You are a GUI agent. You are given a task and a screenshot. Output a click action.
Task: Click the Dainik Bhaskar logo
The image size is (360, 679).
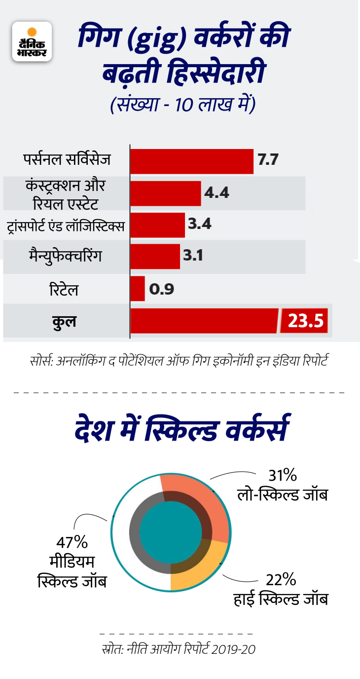(32, 41)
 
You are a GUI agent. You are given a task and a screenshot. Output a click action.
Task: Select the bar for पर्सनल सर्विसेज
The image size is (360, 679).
(191, 161)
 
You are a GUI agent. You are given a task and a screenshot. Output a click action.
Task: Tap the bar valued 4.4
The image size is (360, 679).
(165, 193)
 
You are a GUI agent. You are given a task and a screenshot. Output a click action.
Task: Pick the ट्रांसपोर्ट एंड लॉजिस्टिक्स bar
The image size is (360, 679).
(157, 225)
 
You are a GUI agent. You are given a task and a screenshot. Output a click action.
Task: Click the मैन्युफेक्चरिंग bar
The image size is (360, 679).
(155, 257)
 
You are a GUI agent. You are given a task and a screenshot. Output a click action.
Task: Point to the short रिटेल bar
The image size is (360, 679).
(138, 288)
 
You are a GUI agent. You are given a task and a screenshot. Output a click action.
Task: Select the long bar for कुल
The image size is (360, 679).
(204, 321)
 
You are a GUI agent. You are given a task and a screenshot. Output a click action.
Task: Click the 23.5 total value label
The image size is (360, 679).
(305, 321)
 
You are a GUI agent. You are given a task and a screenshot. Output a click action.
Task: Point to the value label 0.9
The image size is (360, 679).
(162, 289)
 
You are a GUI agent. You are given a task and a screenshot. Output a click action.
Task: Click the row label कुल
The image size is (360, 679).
(64, 321)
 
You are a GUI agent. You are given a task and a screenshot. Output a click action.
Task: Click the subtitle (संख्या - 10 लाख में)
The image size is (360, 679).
(182, 105)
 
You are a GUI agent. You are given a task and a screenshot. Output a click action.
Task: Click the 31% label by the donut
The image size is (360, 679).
(283, 475)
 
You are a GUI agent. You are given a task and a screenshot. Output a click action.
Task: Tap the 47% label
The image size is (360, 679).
(72, 542)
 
